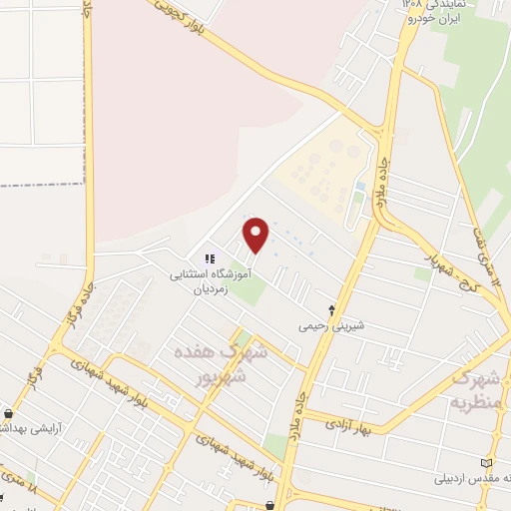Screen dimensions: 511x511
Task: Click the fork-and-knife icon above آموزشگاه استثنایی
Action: [x=210, y=258]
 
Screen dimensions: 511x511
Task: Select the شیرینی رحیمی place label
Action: [x=330, y=325]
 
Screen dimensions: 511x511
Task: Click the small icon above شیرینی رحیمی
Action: [x=332, y=309]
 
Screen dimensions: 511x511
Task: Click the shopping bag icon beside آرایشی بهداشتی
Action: [x=9, y=412]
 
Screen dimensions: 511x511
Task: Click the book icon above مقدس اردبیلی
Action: [x=487, y=462]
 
